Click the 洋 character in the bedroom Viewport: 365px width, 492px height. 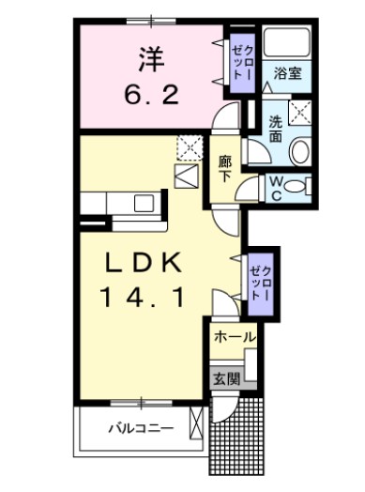151,58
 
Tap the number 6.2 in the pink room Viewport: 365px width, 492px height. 152,95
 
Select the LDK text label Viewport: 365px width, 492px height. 144,262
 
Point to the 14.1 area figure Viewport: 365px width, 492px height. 142,297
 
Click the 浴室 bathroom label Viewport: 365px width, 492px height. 288,73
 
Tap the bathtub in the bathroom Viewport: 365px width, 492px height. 287,42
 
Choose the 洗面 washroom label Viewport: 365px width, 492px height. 276,129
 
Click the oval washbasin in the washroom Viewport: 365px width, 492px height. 299,152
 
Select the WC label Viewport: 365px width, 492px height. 276,189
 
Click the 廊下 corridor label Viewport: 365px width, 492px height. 225,169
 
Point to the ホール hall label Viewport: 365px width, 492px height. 235,337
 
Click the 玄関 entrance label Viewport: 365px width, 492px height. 227,379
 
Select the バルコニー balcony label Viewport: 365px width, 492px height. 141,428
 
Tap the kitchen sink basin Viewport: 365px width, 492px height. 144,203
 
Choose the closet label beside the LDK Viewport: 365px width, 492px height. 260,284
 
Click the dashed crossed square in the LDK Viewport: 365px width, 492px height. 190,148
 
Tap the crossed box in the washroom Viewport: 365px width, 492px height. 299,113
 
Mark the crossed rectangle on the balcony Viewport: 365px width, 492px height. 196,423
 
